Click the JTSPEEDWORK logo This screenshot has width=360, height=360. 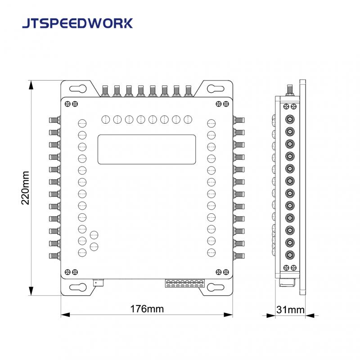click(77, 23)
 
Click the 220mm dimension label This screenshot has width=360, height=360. click(25, 188)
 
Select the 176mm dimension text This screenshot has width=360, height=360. click(147, 309)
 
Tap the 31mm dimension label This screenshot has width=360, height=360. click(290, 310)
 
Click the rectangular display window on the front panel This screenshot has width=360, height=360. click(147, 149)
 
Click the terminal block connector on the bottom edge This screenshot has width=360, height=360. click(185, 283)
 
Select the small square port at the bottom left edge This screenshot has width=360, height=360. click(98, 283)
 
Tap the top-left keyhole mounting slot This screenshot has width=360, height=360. click(78, 89)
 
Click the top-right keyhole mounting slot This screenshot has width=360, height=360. click(216, 89)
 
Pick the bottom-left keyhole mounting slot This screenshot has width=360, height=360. click(78, 287)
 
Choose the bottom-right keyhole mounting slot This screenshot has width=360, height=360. click(216, 287)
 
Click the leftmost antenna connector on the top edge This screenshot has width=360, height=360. click(105, 91)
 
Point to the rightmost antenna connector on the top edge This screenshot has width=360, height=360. click(188, 91)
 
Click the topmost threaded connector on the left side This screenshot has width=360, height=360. click(55, 120)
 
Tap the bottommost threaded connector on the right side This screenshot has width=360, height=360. click(239, 256)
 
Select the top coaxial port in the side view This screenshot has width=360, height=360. click(290, 119)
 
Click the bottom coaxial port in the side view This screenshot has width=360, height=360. click(290, 255)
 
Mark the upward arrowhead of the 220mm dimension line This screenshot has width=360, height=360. click(31, 85)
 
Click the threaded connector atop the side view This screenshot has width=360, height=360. click(290, 90)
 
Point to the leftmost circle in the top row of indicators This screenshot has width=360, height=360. click(106, 120)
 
